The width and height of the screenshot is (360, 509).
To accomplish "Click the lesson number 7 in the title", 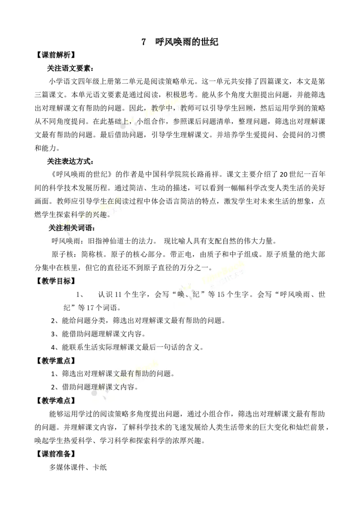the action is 144,42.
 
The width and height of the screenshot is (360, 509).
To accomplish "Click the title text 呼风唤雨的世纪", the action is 187,42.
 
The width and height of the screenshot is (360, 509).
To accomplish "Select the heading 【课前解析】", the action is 55,55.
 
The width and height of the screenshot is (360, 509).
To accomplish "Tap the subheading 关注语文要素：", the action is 71,68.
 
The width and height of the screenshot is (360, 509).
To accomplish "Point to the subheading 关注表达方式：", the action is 71,161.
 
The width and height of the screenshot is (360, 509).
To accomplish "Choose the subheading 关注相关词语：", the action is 72,228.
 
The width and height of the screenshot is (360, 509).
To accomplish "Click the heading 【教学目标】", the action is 55,281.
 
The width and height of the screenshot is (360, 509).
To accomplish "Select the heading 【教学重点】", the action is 55,361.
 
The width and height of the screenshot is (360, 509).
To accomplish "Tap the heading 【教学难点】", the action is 55,401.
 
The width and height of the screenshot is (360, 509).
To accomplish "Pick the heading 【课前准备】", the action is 55,454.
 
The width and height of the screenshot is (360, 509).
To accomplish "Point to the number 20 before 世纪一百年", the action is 283,174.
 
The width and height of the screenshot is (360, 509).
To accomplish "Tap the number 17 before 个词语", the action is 90,308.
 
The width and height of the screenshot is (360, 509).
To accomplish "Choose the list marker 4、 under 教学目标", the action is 55,347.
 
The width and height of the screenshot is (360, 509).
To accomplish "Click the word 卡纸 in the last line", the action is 100,467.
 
